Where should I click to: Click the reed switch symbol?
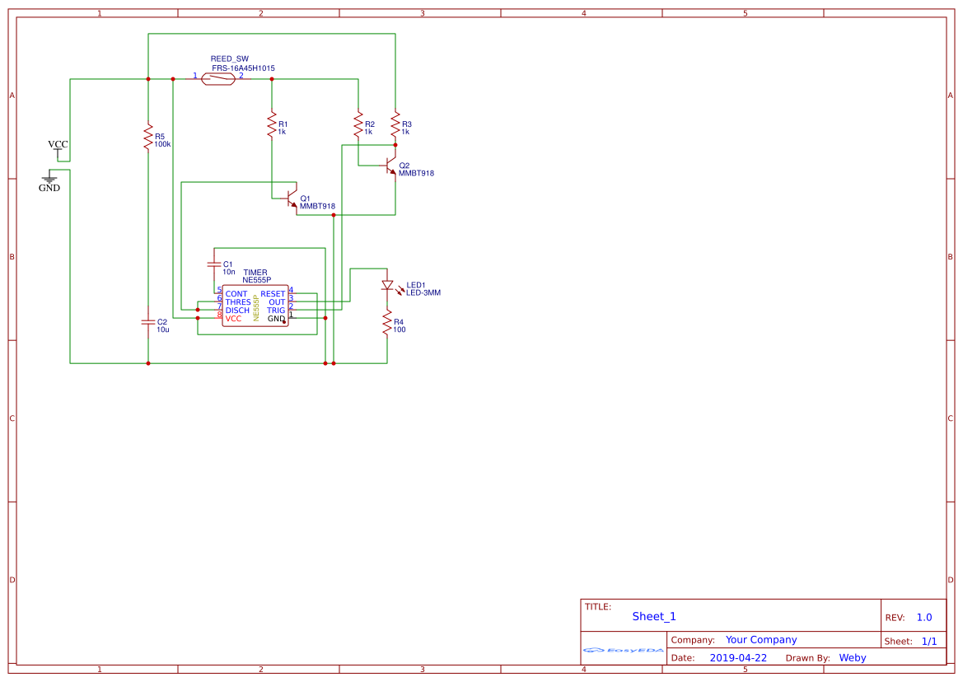[x=218, y=79]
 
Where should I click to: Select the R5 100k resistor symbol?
[x=148, y=138]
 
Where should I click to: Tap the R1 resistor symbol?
[x=272, y=125]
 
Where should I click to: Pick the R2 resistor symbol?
[x=358, y=125]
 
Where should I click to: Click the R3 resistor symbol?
[x=395, y=125]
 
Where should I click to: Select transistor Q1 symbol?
[x=291, y=199]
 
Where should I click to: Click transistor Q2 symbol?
[x=390, y=166]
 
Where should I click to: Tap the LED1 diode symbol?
[x=387, y=285]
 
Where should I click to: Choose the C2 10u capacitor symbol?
[x=148, y=322]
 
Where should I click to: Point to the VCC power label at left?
[x=58, y=145]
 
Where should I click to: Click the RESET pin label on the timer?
[x=273, y=294]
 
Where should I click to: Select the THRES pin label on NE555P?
[x=238, y=302]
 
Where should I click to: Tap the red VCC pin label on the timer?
[x=234, y=319]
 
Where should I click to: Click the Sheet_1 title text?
[x=654, y=616]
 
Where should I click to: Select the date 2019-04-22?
[x=737, y=658]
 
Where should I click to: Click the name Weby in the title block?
[x=852, y=658]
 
